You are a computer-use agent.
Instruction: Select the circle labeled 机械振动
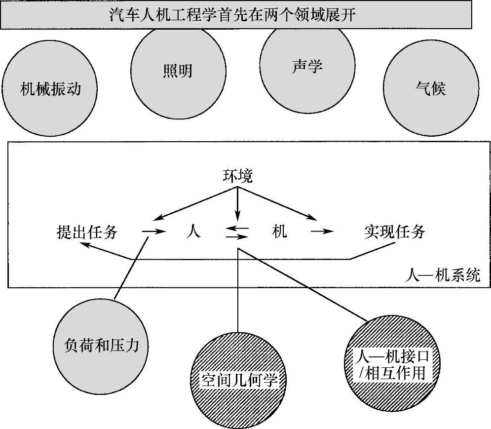pyautogui.click(x=50, y=89)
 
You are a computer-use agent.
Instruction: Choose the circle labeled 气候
pyautogui.click(x=430, y=89)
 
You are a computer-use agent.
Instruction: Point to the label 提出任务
pyautogui.click(x=87, y=232)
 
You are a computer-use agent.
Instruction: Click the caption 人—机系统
pyautogui.click(x=445, y=275)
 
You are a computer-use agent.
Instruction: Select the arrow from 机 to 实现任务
pyautogui.click(x=323, y=231)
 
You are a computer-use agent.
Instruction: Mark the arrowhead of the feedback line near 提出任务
pyautogui.click(x=85, y=245)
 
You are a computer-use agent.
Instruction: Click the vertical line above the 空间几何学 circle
pyautogui.click(x=238, y=291)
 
